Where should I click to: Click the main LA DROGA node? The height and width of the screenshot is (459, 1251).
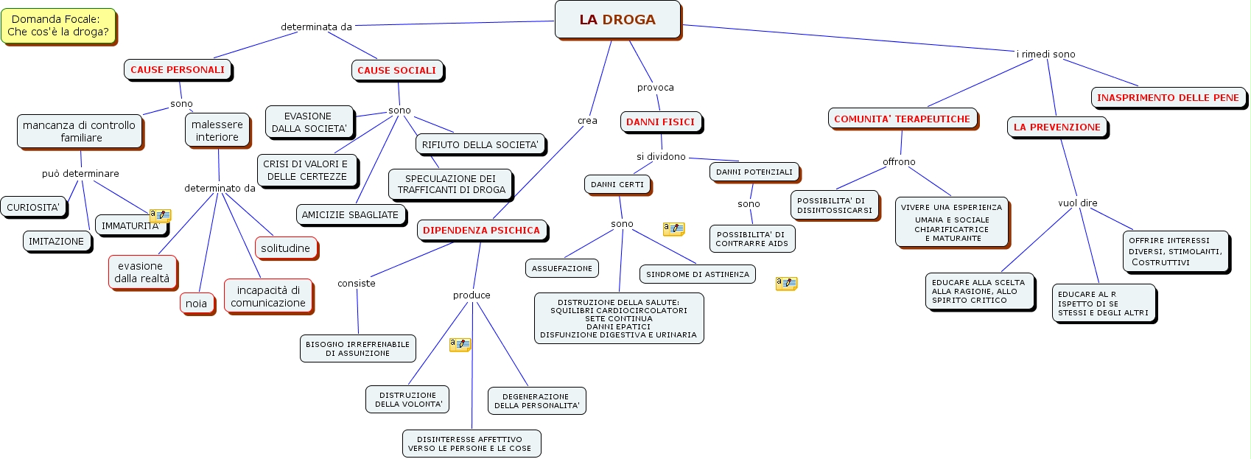click(617, 20)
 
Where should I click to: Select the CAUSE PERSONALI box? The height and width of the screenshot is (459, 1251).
click(178, 70)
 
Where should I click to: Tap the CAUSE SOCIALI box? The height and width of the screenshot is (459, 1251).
click(396, 71)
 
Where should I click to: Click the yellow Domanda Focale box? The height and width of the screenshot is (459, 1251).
click(58, 26)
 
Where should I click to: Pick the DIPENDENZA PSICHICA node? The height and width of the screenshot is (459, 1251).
click(481, 231)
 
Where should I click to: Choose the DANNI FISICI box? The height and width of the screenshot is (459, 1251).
click(660, 122)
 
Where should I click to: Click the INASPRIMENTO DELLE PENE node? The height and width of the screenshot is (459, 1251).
click(1168, 98)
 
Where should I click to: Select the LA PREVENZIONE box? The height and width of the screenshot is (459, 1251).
click(1056, 127)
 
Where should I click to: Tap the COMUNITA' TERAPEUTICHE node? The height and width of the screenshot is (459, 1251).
click(902, 119)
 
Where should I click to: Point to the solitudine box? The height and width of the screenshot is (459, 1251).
click(285, 248)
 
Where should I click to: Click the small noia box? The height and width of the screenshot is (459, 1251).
click(196, 304)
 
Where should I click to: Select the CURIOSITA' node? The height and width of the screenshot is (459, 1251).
click(33, 208)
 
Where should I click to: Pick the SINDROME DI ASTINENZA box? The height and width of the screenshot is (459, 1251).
click(697, 275)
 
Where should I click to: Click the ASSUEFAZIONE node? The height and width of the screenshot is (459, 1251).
click(561, 269)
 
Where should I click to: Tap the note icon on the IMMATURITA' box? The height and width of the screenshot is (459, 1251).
click(160, 215)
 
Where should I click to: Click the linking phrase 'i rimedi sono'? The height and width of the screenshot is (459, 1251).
click(1045, 55)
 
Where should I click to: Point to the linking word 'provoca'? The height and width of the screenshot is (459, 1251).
click(655, 88)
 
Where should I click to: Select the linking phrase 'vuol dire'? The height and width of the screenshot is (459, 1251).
click(1077, 203)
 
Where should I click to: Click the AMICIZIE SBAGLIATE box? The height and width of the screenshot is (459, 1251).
click(350, 215)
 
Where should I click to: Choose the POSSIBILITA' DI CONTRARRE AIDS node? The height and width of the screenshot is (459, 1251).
click(751, 239)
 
